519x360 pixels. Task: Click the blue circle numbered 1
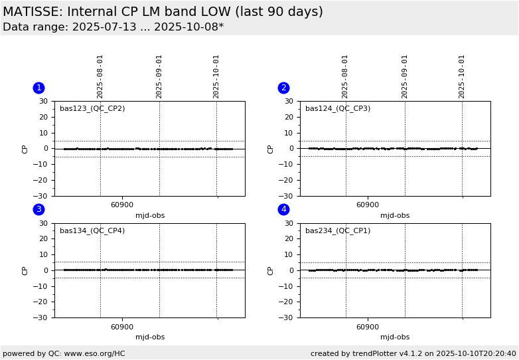pos(38,88)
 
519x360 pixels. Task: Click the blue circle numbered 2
pos(283,88)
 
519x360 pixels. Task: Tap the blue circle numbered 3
pos(38,209)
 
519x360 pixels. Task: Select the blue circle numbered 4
pos(283,209)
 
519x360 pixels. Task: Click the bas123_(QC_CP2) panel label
pos(92,108)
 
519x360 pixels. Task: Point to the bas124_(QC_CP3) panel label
pos(338,108)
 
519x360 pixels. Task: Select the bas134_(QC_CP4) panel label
pos(92,230)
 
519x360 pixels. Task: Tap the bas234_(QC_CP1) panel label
pos(338,230)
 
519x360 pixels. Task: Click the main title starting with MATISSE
pos(163,12)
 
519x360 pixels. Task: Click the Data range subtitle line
pos(113,27)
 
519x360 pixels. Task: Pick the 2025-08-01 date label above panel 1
pos(100,76)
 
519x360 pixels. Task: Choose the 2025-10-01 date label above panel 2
pos(462,76)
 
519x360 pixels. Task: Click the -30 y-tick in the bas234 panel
pos(286,317)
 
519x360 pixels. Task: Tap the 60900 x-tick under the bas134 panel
pos(122,327)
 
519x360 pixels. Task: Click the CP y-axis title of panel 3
pos(25,270)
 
